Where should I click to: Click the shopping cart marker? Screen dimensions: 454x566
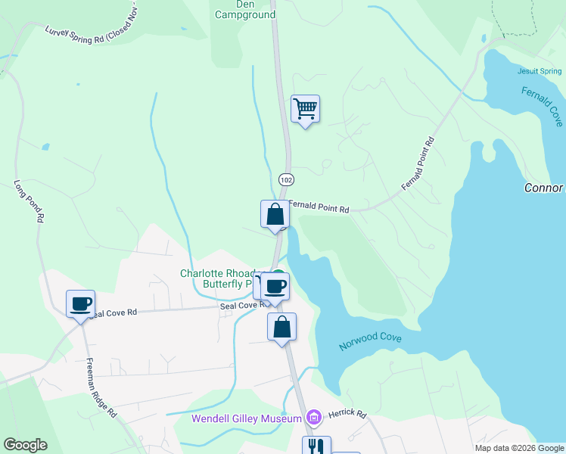point(305,109)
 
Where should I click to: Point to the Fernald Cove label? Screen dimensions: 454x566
point(543,105)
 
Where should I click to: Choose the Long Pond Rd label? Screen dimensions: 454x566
point(28,201)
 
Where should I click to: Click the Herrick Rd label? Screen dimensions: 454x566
point(350,415)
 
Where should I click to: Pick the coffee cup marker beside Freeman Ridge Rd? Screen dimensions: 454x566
point(80,304)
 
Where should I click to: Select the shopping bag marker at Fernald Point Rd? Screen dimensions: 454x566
point(275,214)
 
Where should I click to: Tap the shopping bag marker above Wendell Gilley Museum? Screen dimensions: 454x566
point(281,327)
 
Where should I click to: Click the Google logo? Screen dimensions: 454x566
point(25,445)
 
